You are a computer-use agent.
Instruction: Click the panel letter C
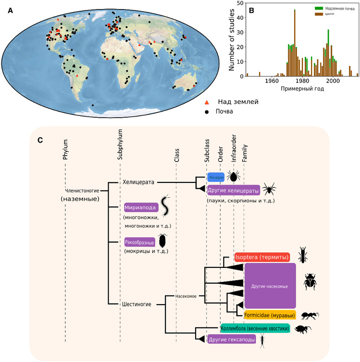[x=40, y=140]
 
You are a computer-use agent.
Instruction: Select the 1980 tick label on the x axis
[x=302, y=81]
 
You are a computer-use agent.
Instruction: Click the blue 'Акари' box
[x=216, y=177]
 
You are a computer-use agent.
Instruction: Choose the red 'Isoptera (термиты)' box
[x=262, y=257]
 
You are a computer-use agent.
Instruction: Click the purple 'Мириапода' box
[x=140, y=208]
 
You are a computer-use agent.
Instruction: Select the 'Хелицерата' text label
[x=139, y=182]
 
